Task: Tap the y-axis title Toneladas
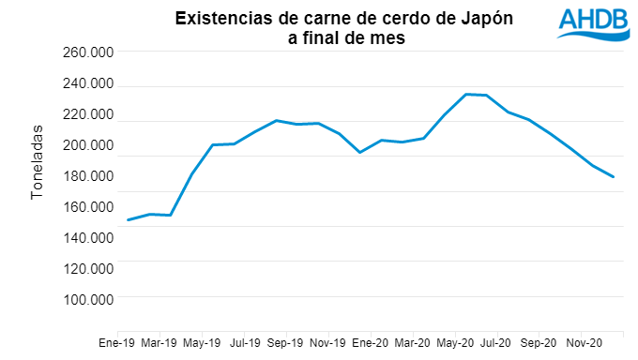click(x=38, y=160)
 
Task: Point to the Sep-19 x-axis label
click(x=285, y=343)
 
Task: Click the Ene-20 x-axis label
click(x=371, y=343)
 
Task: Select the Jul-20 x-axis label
click(x=495, y=343)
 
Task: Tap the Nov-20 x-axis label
click(x=583, y=343)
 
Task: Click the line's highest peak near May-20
click(x=465, y=94)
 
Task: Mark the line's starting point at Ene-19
click(x=128, y=220)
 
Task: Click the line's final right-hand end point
click(x=614, y=176)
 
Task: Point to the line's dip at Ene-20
click(x=359, y=152)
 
